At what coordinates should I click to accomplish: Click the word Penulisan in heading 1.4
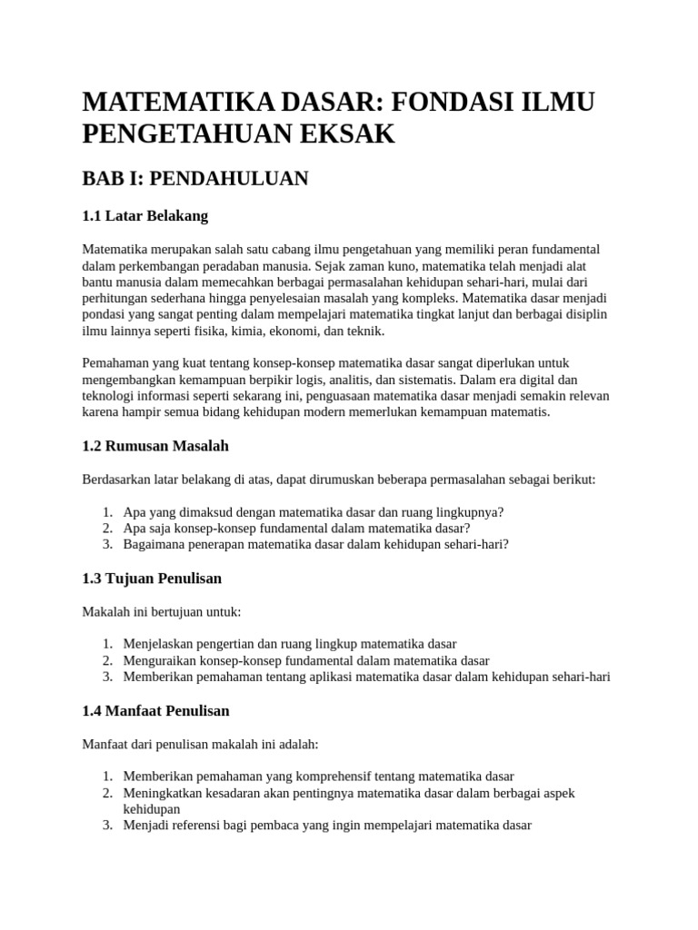click(194, 710)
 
